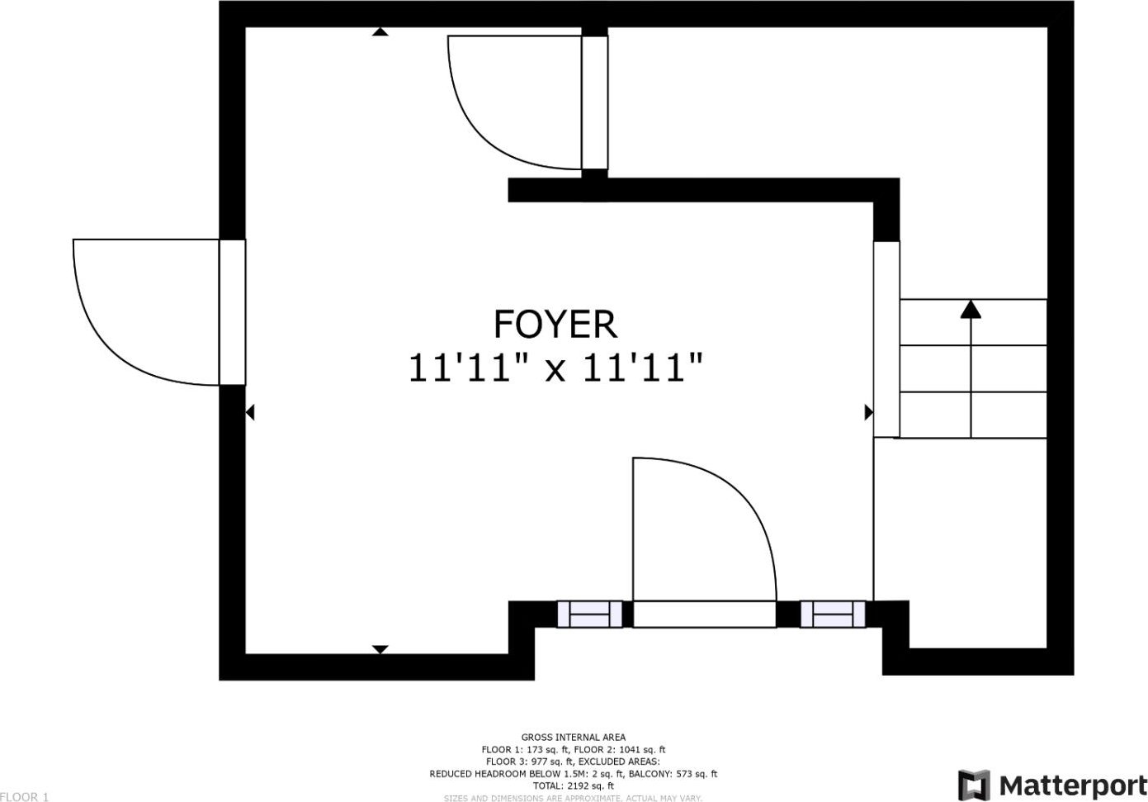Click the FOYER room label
pyautogui.click(x=555, y=324)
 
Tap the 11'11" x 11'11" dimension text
pyautogui.click(x=555, y=368)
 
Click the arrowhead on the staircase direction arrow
pyautogui.click(x=971, y=309)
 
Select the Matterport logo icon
pyautogui.click(x=974, y=785)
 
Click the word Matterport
pyautogui.click(x=1073, y=785)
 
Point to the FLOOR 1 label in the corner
pyautogui.click(x=24, y=797)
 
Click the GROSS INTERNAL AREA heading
pyautogui.click(x=574, y=738)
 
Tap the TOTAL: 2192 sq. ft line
pyautogui.click(x=574, y=785)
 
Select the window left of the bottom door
pyautogui.click(x=589, y=614)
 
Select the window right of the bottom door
pyautogui.click(x=833, y=614)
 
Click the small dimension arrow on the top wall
pyautogui.click(x=380, y=31)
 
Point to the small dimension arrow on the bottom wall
pyautogui.click(x=380, y=649)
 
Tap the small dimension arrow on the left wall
pyautogui.click(x=250, y=412)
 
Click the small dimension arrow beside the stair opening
pyautogui.click(x=869, y=412)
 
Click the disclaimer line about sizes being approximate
pyautogui.click(x=573, y=798)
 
